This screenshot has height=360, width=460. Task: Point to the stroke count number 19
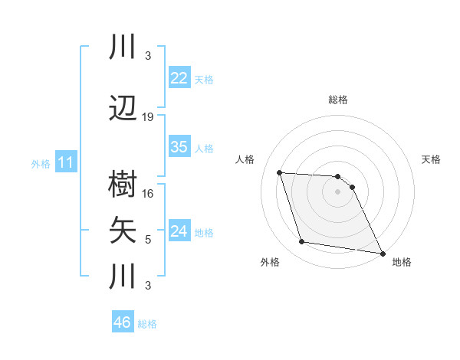pyautogui.click(x=148, y=117)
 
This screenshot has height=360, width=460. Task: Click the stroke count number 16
pyautogui.click(x=148, y=194)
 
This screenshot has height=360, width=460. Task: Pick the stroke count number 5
pyautogui.click(x=148, y=240)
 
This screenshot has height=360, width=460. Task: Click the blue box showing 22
pyautogui.click(x=179, y=78)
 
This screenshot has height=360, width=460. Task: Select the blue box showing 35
pyautogui.click(x=179, y=147)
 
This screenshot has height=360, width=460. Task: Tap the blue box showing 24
pyautogui.click(x=179, y=231)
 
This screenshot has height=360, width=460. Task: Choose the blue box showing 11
pyautogui.click(x=65, y=162)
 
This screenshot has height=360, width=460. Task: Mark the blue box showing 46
pyautogui.click(x=122, y=322)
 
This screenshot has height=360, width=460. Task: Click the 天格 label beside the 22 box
pyautogui.click(x=204, y=80)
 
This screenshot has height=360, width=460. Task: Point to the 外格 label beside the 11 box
pyautogui.click(x=40, y=164)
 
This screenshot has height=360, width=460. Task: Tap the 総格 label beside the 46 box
pyautogui.click(x=147, y=324)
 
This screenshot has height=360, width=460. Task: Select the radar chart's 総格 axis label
pyautogui.click(x=337, y=100)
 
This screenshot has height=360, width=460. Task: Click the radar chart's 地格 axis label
pyautogui.click(x=402, y=262)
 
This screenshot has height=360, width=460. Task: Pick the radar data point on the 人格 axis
pyautogui.click(x=279, y=172)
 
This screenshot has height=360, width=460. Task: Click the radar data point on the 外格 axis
pyautogui.click(x=301, y=243)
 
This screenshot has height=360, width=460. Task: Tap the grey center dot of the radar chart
pyautogui.click(x=337, y=191)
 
